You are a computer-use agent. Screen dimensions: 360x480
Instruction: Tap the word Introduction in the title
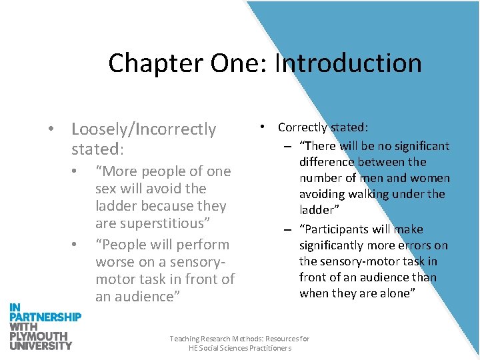tap(348, 63)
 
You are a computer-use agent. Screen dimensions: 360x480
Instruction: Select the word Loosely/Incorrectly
tap(143, 129)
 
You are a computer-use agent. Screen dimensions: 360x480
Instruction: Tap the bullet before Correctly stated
tap(264, 125)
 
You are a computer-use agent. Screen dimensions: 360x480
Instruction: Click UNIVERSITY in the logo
tap(41, 345)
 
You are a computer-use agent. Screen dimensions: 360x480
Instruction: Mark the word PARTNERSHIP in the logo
tap(45, 317)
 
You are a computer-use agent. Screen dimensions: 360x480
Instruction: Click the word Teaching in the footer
tap(185, 339)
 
